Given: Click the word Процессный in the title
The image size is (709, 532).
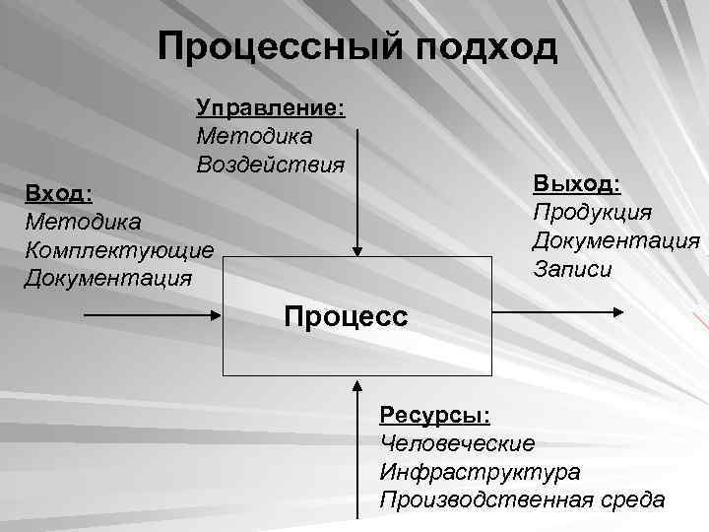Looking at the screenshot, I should pos(282,46).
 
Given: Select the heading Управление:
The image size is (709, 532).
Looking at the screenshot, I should pos(269,107).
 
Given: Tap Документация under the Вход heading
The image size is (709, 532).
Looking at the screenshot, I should pos(108,277).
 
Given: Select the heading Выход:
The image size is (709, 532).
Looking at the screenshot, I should pos(577,184).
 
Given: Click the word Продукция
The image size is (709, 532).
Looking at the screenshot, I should pos(592,212).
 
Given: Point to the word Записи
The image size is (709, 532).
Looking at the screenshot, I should pos(572,268).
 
